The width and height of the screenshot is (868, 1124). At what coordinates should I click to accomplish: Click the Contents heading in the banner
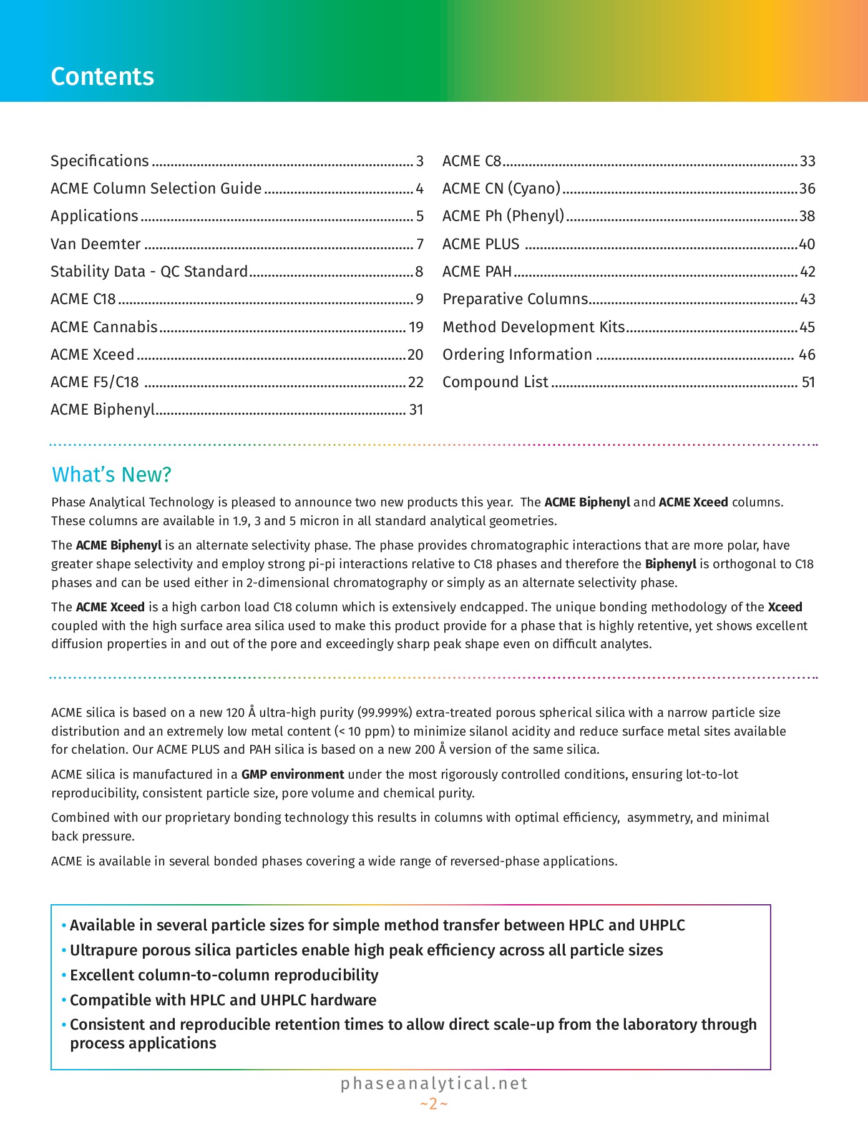[x=102, y=76]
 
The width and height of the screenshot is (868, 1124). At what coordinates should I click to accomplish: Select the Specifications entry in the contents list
[x=100, y=161]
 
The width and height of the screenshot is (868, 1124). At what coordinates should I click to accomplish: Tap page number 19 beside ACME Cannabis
[x=416, y=327]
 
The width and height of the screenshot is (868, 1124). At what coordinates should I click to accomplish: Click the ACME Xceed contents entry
[x=92, y=355]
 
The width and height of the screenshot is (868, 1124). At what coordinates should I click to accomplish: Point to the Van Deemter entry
[x=95, y=244]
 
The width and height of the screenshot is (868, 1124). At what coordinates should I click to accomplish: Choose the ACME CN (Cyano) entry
[x=502, y=189]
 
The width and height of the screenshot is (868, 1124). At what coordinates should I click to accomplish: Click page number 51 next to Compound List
[x=808, y=382]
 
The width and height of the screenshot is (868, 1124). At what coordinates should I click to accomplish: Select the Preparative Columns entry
[x=515, y=299]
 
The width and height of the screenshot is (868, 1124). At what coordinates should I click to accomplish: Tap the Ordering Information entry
[x=517, y=355]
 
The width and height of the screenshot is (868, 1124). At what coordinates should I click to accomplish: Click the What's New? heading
[x=112, y=475]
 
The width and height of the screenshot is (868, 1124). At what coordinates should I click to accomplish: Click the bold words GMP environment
[x=293, y=774]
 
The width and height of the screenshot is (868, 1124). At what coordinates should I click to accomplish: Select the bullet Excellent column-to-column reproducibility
[x=224, y=975]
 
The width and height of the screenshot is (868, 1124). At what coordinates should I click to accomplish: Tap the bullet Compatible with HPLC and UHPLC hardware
[x=223, y=1000]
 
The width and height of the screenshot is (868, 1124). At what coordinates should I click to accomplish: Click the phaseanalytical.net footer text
[x=434, y=1083]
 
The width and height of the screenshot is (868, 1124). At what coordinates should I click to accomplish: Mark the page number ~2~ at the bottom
[x=434, y=1104]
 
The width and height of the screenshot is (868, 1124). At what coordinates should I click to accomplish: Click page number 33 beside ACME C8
[x=807, y=161]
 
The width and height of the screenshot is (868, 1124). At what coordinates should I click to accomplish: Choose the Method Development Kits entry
[x=534, y=327]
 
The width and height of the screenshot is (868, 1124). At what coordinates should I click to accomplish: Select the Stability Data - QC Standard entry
[x=149, y=272]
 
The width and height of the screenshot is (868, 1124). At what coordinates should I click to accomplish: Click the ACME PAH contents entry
[x=477, y=272]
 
